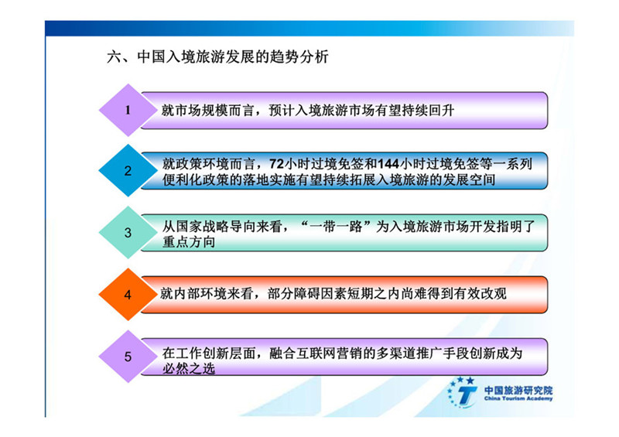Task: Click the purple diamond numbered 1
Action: click(128, 110)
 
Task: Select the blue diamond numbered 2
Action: click(128, 170)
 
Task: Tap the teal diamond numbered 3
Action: click(128, 233)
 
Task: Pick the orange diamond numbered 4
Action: click(128, 295)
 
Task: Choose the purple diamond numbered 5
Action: click(128, 357)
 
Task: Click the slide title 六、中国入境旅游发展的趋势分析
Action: click(217, 56)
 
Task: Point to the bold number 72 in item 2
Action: click(277, 164)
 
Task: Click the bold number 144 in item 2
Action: click(388, 164)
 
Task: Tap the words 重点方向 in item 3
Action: click(189, 242)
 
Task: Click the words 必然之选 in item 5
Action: click(189, 369)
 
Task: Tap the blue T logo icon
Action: click(462, 392)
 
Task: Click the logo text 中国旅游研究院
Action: click(518, 391)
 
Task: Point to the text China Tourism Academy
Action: click(518, 398)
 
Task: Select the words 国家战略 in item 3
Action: click(196, 226)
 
